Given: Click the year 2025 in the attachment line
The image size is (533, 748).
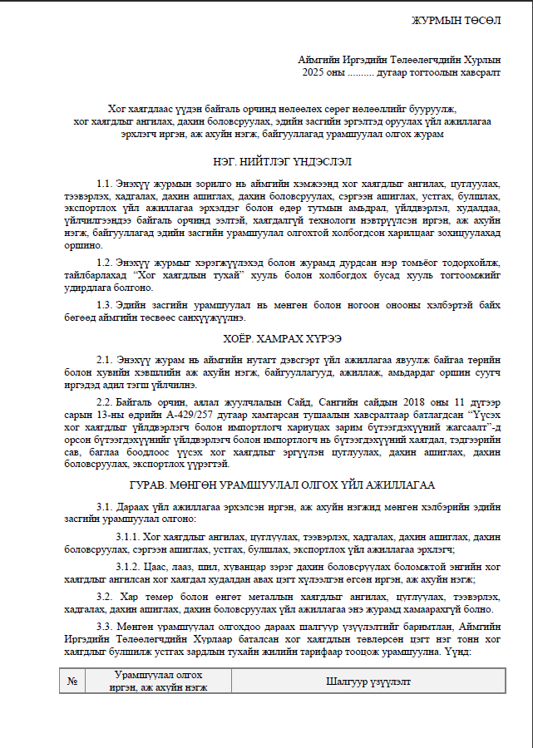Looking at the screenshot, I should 317,72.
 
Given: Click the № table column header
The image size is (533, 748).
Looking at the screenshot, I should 72,681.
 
